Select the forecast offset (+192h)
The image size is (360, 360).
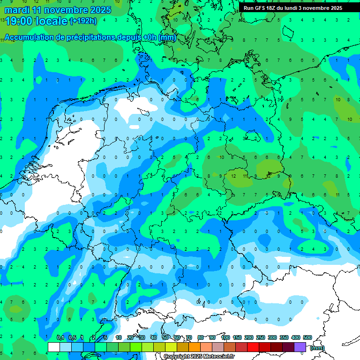pyautogui.click(x=83, y=21)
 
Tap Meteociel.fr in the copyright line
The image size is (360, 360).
pyautogui.click(x=218, y=357)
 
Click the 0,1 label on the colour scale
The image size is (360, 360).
pyautogui.click(x=60, y=338)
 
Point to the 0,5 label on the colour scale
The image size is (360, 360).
pyautogui.click(x=72, y=338)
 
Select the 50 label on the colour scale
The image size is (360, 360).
pyautogui.click(x=165, y=338)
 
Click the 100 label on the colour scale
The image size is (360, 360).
pyautogui.click(x=225, y=338)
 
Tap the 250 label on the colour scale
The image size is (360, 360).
pyautogui.click(x=261, y=338)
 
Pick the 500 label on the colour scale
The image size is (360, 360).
pyautogui.click(x=307, y=338)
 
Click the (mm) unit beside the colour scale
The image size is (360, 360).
pyautogui.click(x=317, y=348)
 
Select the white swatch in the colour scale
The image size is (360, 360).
pyautogui.click(x=54, y=347)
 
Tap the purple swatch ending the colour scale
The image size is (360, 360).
pyautogui.click(x=300, y=347)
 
